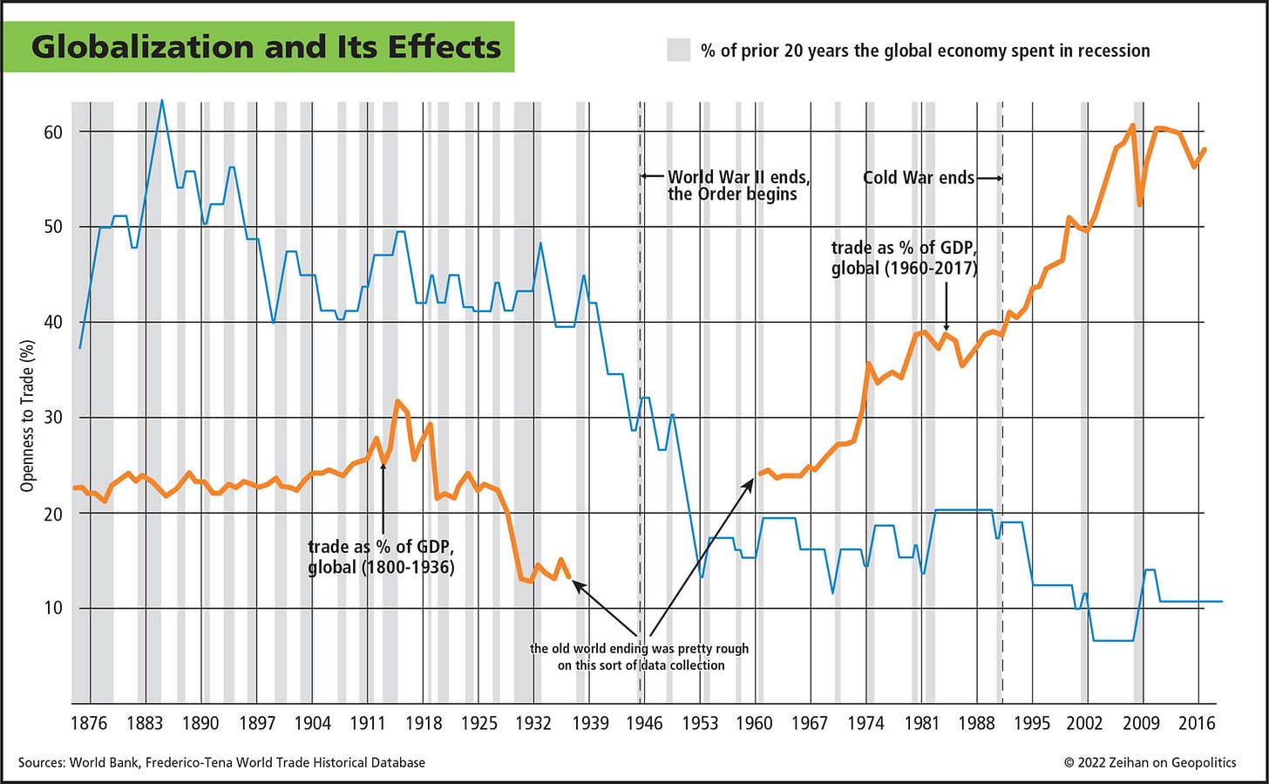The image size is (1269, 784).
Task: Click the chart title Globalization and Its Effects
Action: click(x=266, y=46)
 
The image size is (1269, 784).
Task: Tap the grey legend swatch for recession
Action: click(x=679, y=50)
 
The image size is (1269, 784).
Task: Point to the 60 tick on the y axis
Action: click(x=53, y=132)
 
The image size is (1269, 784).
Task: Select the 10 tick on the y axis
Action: click(x=53, y=608)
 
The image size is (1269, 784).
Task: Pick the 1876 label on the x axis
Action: click(x=88, y=723)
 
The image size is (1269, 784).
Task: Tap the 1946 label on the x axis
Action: click(x=644, y=723)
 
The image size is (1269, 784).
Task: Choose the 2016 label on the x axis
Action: click(x=1197, y=723)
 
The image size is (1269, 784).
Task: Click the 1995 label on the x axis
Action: click(x=1031, y=723)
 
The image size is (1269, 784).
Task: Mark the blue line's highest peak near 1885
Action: click(x=161, y=101)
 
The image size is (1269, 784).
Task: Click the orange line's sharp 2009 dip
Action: click(x=1139, y=204)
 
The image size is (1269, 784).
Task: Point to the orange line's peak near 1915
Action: click(x=397, y=401)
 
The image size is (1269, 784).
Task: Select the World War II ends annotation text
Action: click(x=738, y=186)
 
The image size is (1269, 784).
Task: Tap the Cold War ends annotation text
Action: click(x=919, y=178)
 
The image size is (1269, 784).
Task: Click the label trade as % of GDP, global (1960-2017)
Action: click(x=904, y=258)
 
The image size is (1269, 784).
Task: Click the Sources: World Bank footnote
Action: click(x=221, y=762)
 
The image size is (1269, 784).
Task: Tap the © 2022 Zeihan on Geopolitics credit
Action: click(x=1150, y=762)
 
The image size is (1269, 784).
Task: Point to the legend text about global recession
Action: click(x=925, y=51)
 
